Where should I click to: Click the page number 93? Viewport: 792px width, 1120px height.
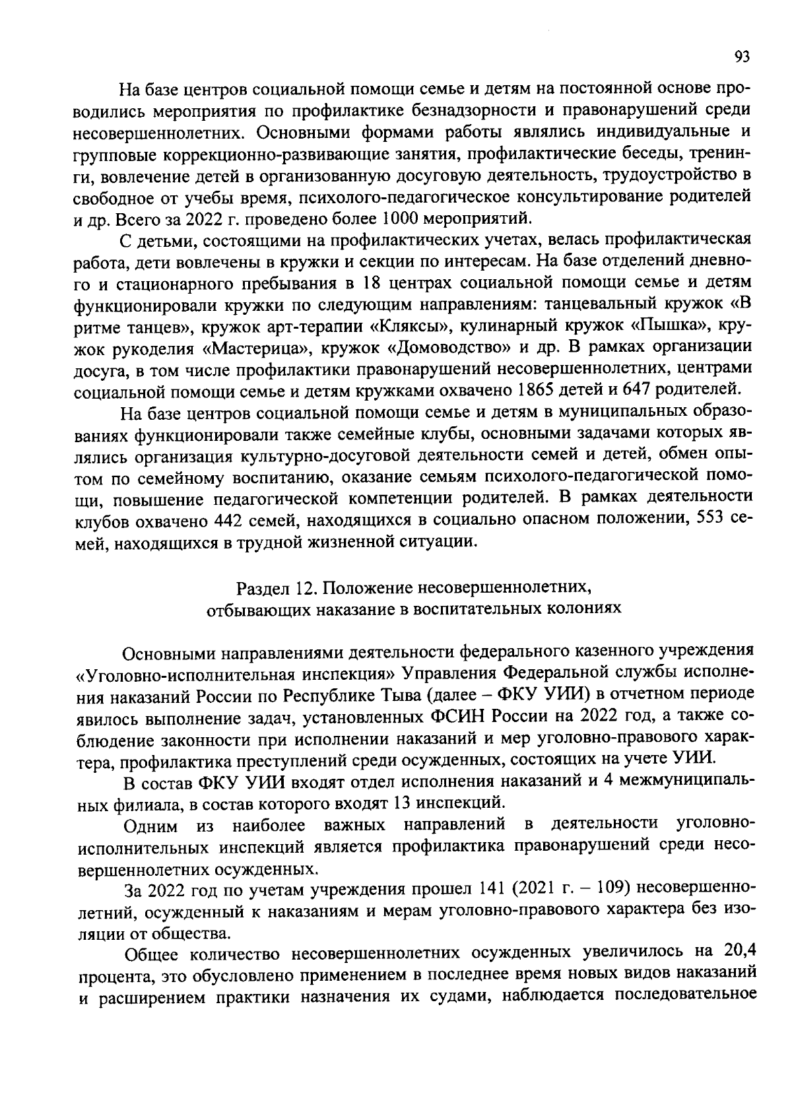742,57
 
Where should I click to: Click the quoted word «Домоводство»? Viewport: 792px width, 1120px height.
457,348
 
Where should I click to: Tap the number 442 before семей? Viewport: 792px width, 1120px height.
232,520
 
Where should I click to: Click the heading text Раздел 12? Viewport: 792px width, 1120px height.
277,585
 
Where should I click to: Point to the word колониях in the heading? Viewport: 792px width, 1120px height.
588,608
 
